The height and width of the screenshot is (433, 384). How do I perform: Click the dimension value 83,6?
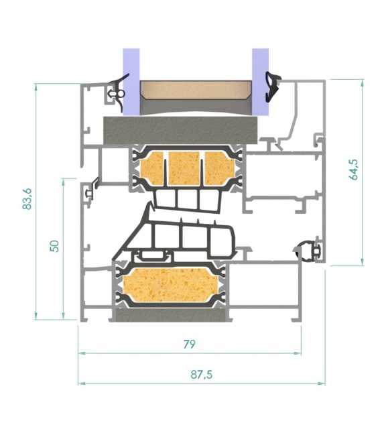[x=28, y=199]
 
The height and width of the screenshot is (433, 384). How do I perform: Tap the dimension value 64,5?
[x=354, y=170]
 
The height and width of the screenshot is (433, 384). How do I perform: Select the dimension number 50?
[x=55, y=246]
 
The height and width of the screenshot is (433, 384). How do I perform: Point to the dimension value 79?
[x=189, y=344]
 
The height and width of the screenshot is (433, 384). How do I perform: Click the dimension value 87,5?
[x=202, y=375]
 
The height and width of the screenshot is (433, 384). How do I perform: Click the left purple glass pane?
[x=131, y=82]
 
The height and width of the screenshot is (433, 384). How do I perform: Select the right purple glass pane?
[x=260, y=82]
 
